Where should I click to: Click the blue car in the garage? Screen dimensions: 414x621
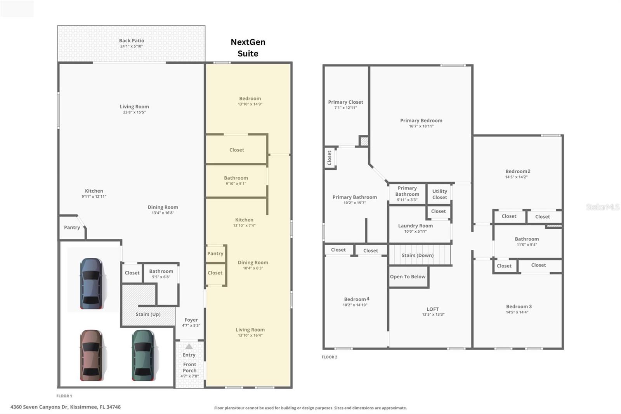(x=92, y=284)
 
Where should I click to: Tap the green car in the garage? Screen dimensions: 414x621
(x=143, y=355)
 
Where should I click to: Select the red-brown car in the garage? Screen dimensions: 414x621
(x=91, y=355)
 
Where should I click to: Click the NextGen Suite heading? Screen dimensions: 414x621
(x=248, y=48)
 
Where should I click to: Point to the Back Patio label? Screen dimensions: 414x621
(x=131, y=40)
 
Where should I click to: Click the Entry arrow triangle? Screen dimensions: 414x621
(x=189, y=346)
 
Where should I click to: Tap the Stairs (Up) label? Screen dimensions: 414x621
(x=148, y=314)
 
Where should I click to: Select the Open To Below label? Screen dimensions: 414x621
(x=408, y=277)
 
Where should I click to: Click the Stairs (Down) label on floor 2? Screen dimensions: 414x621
(x=417, y=255)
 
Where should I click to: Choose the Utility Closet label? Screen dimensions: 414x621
(x=439, y=194)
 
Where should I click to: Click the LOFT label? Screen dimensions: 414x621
(x=432, y=309)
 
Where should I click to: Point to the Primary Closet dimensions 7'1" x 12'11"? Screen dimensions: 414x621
(x=345, y=108)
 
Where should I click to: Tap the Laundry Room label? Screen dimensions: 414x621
(x=415, y=226)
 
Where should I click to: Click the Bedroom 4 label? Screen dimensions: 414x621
(x=356, y=299)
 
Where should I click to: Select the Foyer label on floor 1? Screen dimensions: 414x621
(x=191, y=320)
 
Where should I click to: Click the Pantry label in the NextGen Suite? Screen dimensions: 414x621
(x=215, y=253)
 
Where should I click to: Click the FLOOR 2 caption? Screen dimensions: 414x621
(x=329, y=357)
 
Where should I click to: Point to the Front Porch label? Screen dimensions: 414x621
(x=189, y=367)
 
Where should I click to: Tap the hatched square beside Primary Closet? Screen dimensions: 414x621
(x=364, y=141)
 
